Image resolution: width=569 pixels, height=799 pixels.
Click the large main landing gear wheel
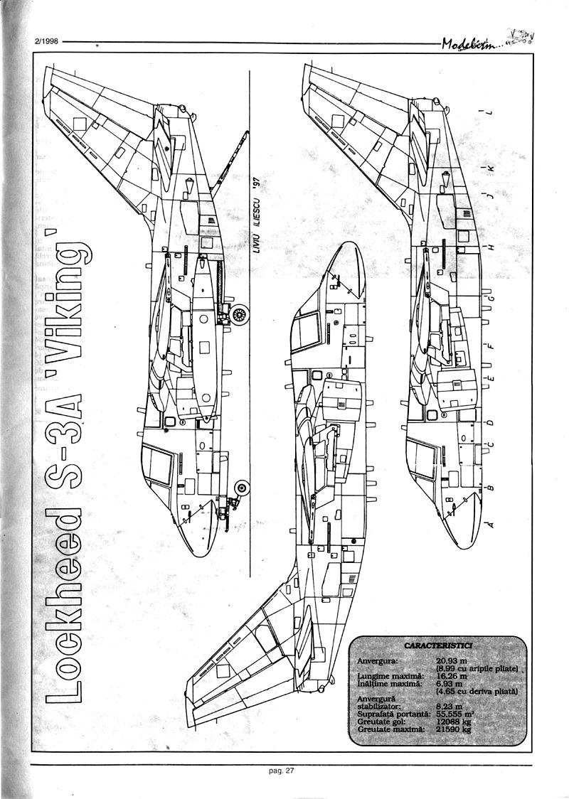(x=243, y=313)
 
